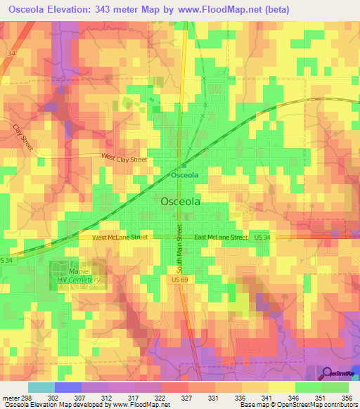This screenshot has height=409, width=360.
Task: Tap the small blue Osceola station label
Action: pyautogui.click(x=185, y=174)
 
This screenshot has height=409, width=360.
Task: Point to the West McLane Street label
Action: pyautogui.click(x=120, y=238)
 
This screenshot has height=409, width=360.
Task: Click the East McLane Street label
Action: pyautogui.click(x=221, y=238)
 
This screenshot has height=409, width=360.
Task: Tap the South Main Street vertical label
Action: pyautogui.click(x=180, y=249)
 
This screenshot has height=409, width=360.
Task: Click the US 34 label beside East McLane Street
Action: pyautogui.click(x=262, y=238)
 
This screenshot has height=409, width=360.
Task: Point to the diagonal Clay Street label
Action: pyautogui.click(x=23, y=136)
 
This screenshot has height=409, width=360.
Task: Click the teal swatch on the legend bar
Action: pyautogui.click(x=41, y=387)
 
